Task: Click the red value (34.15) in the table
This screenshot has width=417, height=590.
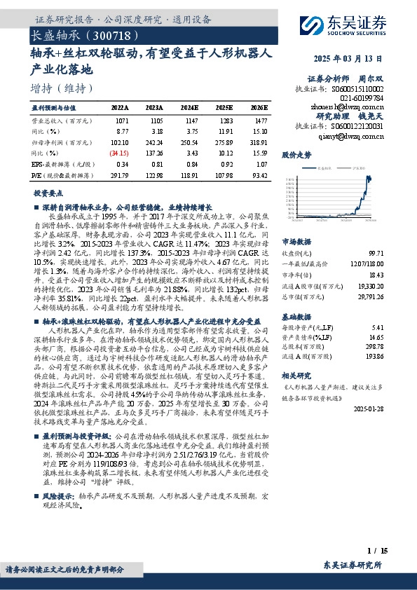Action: pos(118,152)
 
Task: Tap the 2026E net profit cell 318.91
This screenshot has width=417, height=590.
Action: pos(259,142)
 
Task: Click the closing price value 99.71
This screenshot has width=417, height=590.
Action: pos(376,252)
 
